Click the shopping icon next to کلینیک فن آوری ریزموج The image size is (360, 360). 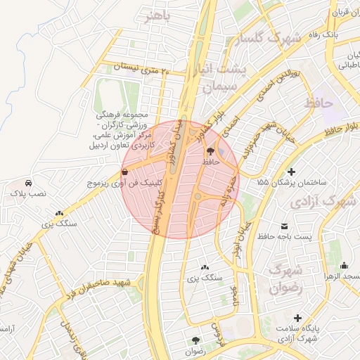124,171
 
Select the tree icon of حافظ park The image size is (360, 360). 210,150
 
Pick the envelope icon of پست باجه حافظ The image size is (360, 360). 285,226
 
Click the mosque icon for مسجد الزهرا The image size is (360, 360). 344,265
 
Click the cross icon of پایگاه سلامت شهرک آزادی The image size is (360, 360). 299,318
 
